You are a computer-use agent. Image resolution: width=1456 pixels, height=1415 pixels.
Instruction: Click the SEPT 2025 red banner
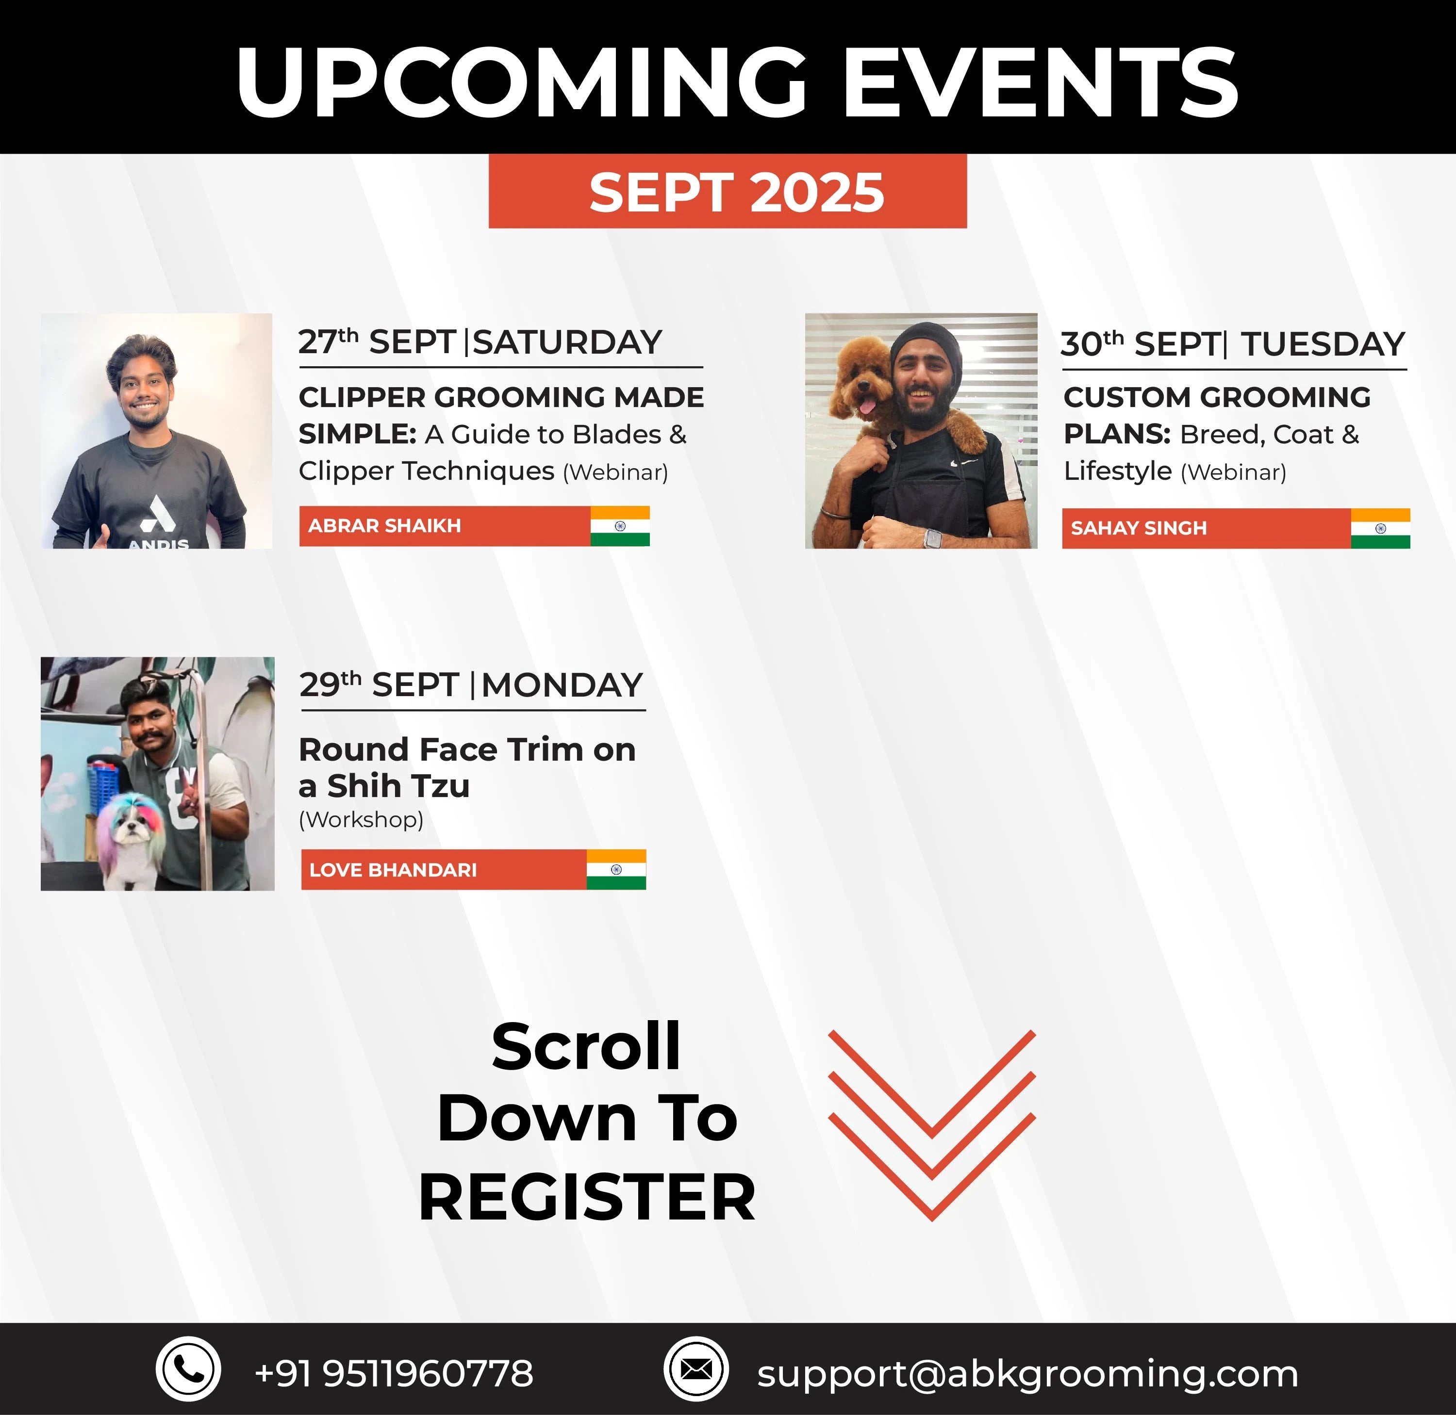(727, 191)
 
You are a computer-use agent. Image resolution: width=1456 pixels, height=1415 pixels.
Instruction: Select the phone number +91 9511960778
(394, 1373)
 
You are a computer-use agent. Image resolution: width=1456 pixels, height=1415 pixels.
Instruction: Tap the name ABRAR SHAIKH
(384, 525)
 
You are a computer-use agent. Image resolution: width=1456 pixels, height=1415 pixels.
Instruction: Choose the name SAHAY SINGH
(1139, 528)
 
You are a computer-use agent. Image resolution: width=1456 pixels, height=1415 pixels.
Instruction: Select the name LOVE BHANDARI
(393, 869)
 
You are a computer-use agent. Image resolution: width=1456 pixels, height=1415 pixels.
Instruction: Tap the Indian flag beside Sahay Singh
(1380, 528)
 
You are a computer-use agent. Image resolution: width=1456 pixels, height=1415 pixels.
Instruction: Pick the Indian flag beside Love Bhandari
(616, 869)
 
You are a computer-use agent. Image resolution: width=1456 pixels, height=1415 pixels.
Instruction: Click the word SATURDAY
(567, 342)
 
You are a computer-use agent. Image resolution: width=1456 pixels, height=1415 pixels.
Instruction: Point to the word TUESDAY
(1323, 344)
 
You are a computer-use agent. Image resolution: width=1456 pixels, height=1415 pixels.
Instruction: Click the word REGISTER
(587, 1197)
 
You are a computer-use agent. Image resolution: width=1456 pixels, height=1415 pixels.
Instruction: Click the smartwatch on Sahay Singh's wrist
(932, 538)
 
